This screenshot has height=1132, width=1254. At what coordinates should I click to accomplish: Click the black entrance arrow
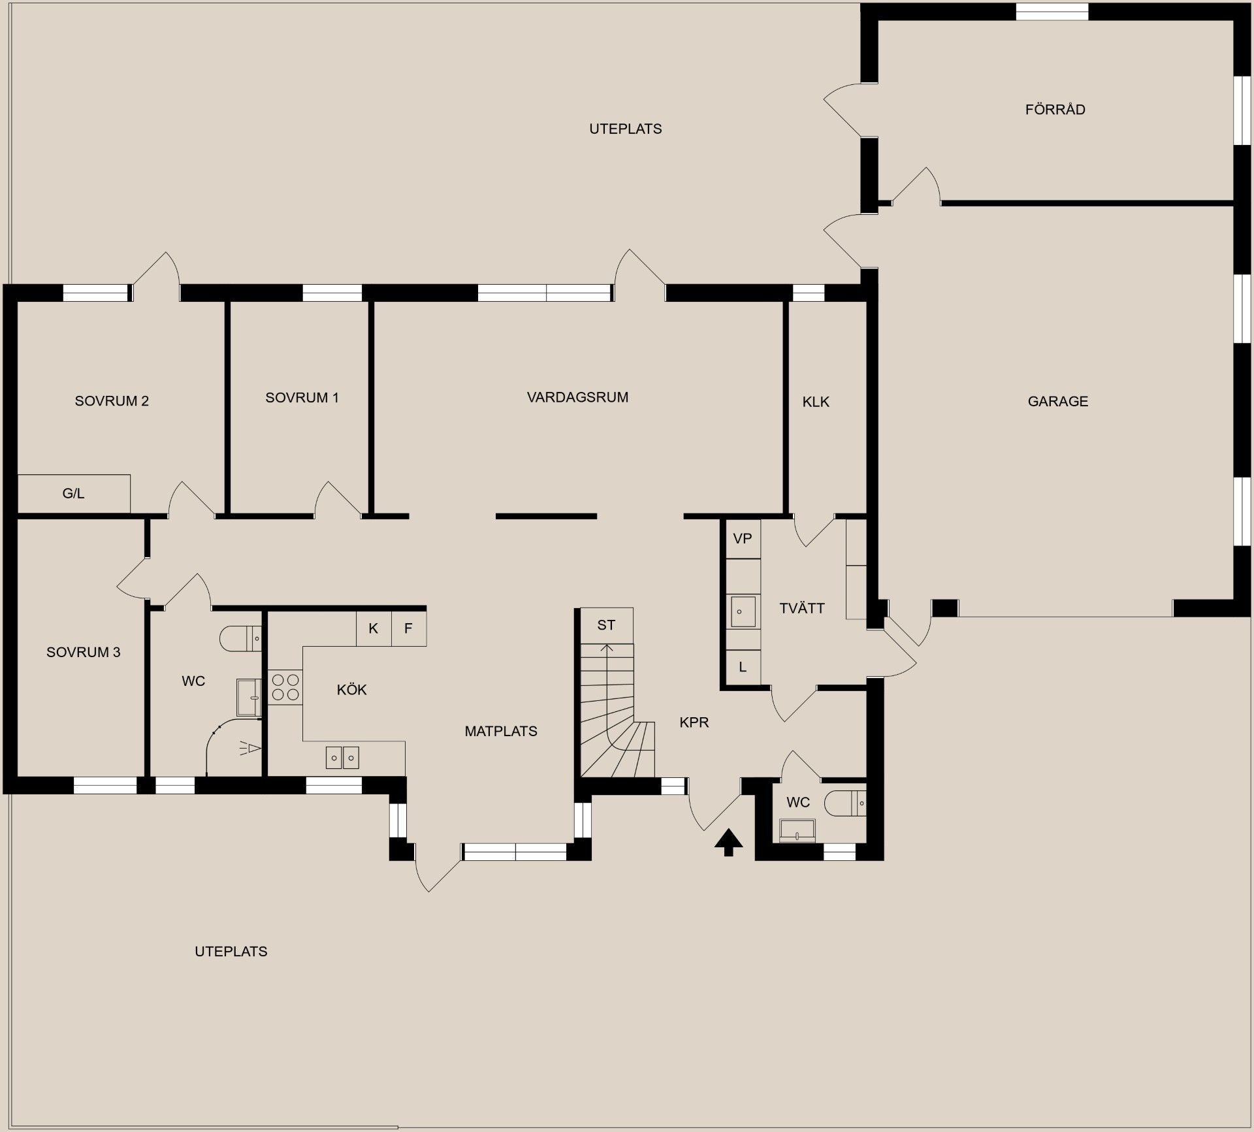click(x=729, y=842)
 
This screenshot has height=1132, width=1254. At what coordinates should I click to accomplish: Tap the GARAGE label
click(x=1058, y=402)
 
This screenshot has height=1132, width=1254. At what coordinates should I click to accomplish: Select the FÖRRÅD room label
click(x=1055, y=109)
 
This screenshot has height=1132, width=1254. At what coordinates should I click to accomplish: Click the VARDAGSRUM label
click(x=577, y=397)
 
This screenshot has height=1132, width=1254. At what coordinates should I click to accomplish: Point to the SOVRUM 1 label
click(x=302, y=398)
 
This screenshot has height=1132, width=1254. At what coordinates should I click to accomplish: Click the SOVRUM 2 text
click(x=112, y=401)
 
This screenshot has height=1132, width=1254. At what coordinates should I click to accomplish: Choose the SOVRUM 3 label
click(x=84, y=652)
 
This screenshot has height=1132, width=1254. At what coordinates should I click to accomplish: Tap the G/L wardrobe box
click(x=74, y=493)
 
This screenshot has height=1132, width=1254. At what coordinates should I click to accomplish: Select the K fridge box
click(x=374, y=628)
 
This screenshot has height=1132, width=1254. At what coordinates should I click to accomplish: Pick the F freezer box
click(x=409, y=628)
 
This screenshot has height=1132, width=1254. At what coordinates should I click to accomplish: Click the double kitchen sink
click(x=342, y=758)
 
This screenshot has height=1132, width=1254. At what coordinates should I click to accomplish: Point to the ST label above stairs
click(x=606, y=625)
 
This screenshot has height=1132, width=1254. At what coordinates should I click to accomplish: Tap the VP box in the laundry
click(x=743, y=539)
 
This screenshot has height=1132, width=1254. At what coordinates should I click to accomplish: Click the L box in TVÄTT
click(x=743, y=667)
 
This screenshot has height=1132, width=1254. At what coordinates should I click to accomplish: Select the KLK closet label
click(x=816, y=402)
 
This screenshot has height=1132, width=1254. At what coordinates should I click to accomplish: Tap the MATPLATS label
click(x=501, y=732)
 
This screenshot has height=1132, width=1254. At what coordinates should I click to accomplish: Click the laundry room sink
click(x=743, y=612)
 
